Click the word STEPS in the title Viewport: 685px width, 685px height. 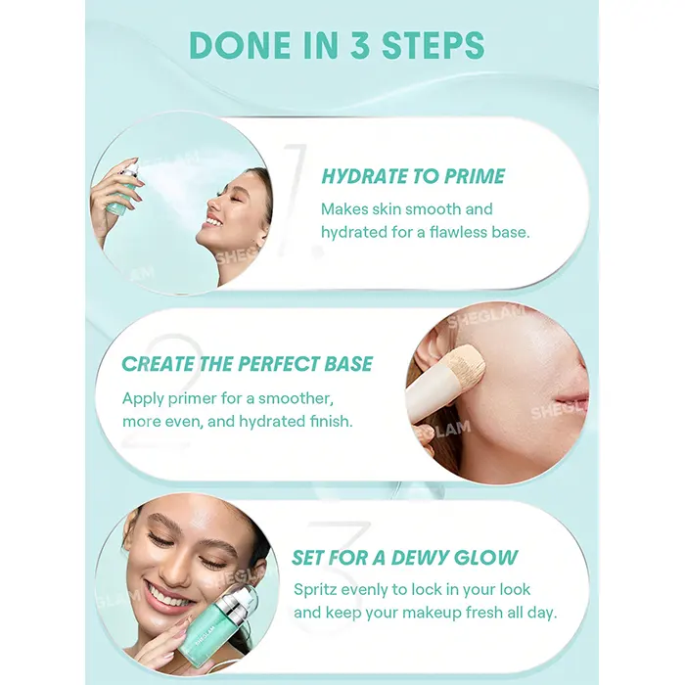pyautogui.click(x=433, y=45)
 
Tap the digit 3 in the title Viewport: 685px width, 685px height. pyautogui.click(x=359, y=45)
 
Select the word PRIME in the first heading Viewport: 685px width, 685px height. pyautogui.click(x=474, y=176)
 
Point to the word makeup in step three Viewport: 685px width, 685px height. pyautogui.click(x=431, y=613)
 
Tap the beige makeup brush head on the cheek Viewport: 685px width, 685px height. pyautogui.click(x=467, y=364)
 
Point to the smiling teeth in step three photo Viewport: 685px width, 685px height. pyautogui.click(x=168, y=598)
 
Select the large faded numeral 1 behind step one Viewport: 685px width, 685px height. pyautogui.click(x=301, y=200)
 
